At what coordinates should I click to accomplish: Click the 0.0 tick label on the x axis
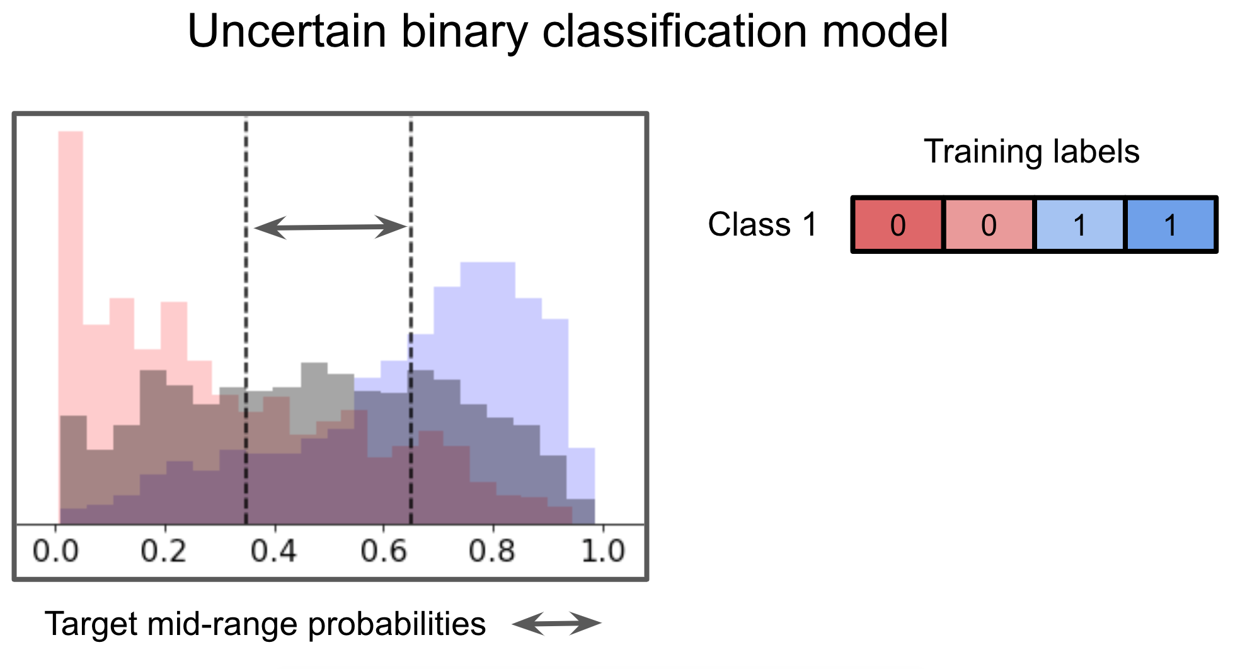[x=55, y=551]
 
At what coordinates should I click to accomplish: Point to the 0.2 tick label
[x=164, y=551]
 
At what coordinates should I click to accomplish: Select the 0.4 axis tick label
[x=273, y=551]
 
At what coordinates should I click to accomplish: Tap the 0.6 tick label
[x=384, y=551]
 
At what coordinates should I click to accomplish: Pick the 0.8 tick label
[x=492, y=551]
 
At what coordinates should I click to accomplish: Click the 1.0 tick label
[x=602, y=551]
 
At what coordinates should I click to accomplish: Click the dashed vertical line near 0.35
[x=246, y=315]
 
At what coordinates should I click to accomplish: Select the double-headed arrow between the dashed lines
[x=330, y=227]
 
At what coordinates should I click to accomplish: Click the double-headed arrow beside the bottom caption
[x=557, y=624]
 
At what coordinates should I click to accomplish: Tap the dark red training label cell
[x=898, y=225]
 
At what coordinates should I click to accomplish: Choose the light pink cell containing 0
[x=989, y=225]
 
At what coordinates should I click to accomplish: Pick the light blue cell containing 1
[x=1079, y=225]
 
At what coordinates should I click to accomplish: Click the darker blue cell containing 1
[x=1170, y=225]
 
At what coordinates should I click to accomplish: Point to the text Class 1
[x=762, y=224]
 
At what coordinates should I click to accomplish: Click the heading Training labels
[x=1031, y=152]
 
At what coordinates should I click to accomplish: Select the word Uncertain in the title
[x=287, y=31]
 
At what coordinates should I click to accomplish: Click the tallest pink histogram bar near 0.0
[x=71, y=265]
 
